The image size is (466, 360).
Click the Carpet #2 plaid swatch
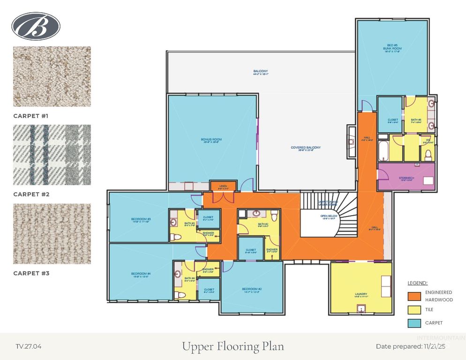[52, 155]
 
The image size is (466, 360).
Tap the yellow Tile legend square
[414, 310]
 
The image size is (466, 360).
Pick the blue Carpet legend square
[414, 323]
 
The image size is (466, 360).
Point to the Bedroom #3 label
[141, 219]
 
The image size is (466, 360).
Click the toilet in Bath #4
[179, 295]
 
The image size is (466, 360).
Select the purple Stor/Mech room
[406, 177]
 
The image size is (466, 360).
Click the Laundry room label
[361, 295]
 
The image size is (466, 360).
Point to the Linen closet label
[224, 187]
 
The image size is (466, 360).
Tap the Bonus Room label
[211, 140]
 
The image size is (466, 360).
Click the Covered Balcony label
[306, 148]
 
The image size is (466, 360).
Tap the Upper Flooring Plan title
[233, 347]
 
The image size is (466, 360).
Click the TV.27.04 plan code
[28, 347]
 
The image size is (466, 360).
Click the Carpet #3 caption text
[31, 273]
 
